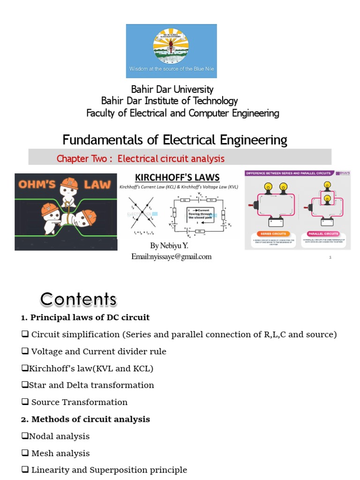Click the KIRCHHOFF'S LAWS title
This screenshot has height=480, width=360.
coord(177,177)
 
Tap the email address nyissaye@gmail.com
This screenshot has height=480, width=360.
coord(172,256)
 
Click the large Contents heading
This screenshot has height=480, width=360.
coord(78,299)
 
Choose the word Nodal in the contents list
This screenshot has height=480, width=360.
coord(40,436)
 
